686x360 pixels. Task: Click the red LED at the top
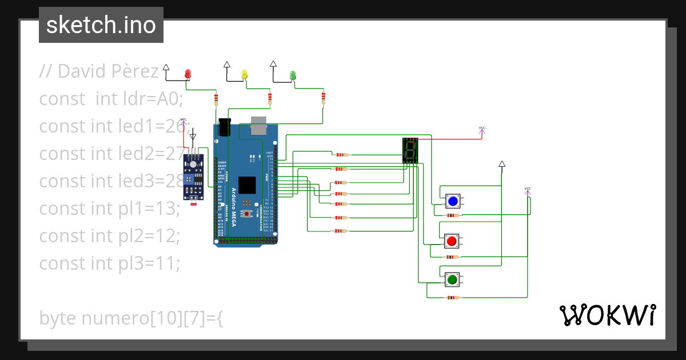tap(188, 74)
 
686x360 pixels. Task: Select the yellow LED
tap(245, 74)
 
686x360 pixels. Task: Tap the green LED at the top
tap(293, 75)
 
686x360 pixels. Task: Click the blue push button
tap(453, 201)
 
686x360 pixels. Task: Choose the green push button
tap(452, 279)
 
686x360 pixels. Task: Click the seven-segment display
tap(410, 150)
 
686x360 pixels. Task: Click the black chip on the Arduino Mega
tap(247, 185)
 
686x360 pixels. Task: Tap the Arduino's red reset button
tap(247, 214)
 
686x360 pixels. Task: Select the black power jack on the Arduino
tap(225, 126)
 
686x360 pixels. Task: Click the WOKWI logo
tap(607, 315)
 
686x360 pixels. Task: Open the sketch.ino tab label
tap(101, 25)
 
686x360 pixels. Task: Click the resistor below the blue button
tap(453, 215)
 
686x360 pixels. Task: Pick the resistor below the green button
tap(453, 298)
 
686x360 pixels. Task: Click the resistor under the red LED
tap(216, 100)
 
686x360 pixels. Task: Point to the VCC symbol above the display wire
tap(481, 131)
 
